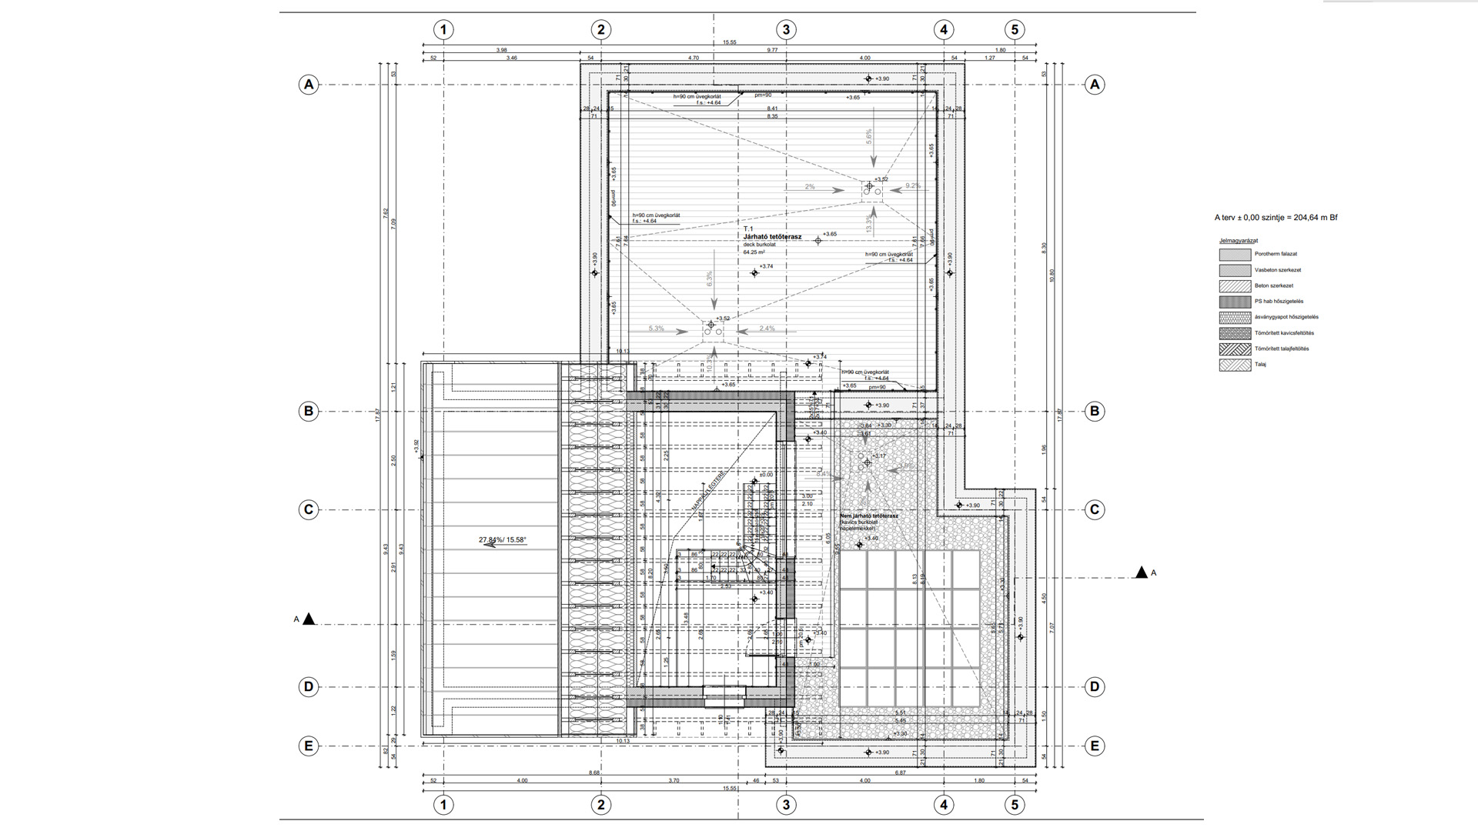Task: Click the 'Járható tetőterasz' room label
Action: pos(772,237)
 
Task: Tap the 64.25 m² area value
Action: pos(754,252)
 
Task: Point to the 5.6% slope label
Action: pos(869,136)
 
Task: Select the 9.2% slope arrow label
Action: pos(913,185)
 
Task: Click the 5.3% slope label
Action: pos(656,329)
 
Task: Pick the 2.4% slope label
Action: pos(767,329)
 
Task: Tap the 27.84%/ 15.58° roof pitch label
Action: pos(503,540)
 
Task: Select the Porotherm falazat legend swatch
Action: pos(1234,254)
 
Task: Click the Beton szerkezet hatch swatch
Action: pos(1234,285)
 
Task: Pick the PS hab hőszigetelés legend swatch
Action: pos(1234,302)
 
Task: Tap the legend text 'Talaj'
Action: pos(1260,365)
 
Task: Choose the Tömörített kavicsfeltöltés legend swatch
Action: pos(1234,333)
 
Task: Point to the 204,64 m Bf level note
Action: pos(1276,218)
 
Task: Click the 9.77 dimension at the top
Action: pos(772,50)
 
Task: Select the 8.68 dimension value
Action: pos(594,773)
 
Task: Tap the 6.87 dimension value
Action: pos(900,773)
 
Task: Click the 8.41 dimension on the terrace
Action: pos(772,108)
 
